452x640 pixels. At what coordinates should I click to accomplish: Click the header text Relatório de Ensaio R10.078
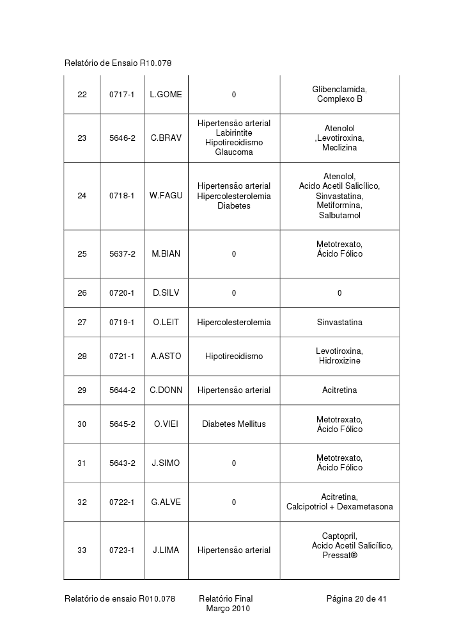[x=118, y=63]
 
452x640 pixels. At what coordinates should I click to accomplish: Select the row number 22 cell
[x=82, y=95]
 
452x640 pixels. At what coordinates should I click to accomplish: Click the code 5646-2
[x=121, y=138]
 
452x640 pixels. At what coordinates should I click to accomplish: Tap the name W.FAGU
[x=166, y=196]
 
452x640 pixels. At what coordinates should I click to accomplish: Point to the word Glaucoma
[x=234, y=152]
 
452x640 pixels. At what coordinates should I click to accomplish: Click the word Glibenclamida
[x=339, y=90]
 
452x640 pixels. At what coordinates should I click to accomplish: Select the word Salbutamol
[x=339, y=216]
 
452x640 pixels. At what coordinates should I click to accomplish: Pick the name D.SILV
[x=166, y=293]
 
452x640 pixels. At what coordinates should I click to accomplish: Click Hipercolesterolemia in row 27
[x=234, y=323]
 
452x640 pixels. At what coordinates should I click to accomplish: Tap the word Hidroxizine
[x=339, y=361]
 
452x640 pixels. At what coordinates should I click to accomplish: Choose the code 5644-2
[x=121, y=390]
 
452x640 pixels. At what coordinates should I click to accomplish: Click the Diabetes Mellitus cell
[x=234, y=424]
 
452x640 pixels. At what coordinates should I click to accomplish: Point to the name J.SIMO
[x=166, y=463]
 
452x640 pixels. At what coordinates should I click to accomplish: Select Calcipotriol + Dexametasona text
[x=339, y=507]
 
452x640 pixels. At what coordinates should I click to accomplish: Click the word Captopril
[x=339, y=536]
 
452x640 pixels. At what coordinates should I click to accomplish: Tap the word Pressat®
[x=339, y=556]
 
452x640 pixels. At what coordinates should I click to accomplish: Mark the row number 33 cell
[x=82, y=550]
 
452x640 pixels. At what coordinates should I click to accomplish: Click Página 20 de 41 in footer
[x=356, y=599]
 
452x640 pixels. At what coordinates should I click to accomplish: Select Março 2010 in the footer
[x=228, y=609]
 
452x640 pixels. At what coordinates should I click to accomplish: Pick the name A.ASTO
[x=166, y=356]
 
